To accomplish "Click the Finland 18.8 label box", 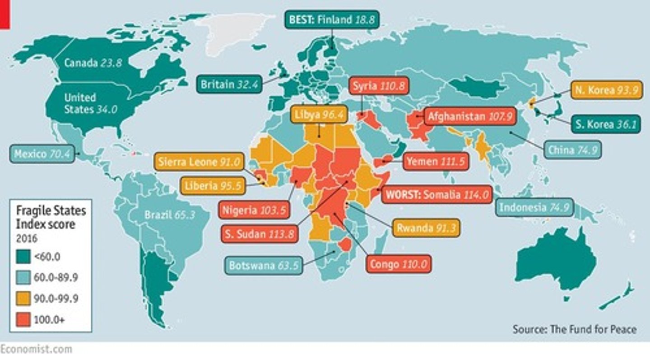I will pyautogui.click(x=331, y=19).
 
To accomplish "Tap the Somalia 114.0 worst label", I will pyautogui.click(x=436, y=195).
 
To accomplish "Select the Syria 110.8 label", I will pyautogui.click(x=379, y=86).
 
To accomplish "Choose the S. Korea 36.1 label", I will pyautogui.click(x=606, y=123).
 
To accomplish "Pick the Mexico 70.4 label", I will pyautogui.click(x=42, y=154).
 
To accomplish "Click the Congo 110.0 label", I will pyautogui.click(x=398, y=264).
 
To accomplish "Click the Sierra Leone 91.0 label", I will pyautogui.click(x=199, y=162).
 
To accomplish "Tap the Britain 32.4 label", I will pyautogui.click(x=229, y=84).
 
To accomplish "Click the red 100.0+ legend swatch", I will pyautogui.click(x=23, y=320).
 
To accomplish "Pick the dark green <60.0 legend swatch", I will pyautogui.click(x=23, y=257).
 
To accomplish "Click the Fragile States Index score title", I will pyautogui.click(x=51, y=217).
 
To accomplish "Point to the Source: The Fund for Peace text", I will pyautogui.click(x=574, y=329).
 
